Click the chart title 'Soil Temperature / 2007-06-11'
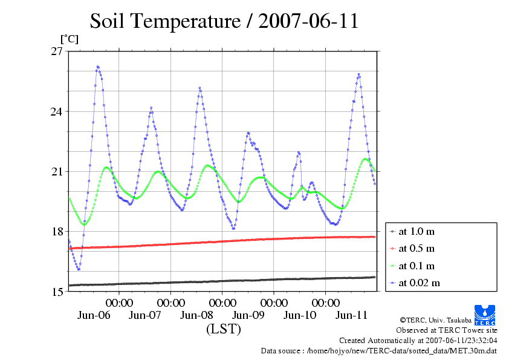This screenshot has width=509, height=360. [224, 21]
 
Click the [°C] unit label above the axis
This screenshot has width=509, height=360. [68, 39]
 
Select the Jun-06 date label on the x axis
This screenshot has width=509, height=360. [94, 315]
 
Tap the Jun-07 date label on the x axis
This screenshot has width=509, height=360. [145, 315]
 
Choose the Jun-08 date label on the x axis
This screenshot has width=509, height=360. [196, 315]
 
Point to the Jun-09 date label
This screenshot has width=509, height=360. [248, 315]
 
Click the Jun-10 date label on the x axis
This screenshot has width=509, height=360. [300, 315]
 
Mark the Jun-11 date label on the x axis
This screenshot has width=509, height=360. [351, 315]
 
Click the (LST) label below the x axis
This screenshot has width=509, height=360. [223, 329]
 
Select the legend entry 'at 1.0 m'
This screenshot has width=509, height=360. [417, 232]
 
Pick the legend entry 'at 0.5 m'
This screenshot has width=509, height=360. [417, 249]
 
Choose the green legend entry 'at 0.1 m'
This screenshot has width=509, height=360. [417, 266]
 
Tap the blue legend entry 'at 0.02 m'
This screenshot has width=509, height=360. [419, 283]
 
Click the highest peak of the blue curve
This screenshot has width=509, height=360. [97, 67]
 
